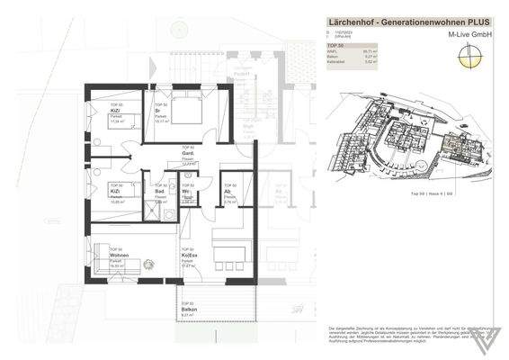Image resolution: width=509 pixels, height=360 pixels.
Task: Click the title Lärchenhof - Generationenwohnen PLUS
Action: pos(407,20)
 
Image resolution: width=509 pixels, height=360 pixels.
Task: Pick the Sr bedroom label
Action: pos(158,111)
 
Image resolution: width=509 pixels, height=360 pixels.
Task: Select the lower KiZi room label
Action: pos(115,192)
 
